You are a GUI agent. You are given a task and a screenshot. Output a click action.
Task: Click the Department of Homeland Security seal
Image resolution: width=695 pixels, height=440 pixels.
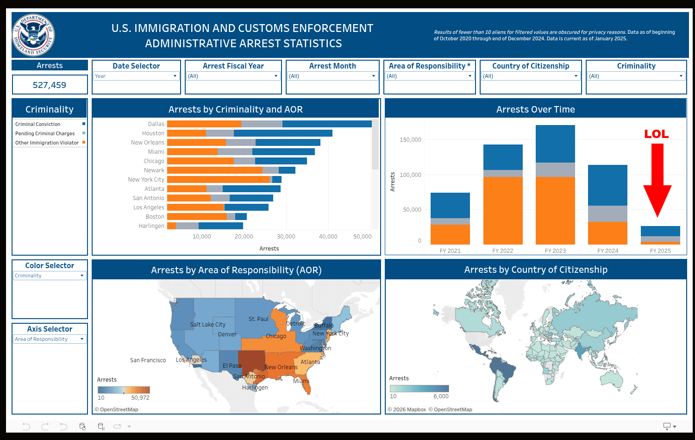(x=33, y=35)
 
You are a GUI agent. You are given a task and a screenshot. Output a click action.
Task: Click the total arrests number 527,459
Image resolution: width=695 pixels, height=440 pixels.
(x=50, y=85)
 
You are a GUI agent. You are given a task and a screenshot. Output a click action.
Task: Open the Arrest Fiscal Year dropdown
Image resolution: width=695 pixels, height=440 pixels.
(x=233, y=76)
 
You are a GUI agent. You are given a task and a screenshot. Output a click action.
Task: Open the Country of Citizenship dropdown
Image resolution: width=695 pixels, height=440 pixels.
(x=530, y=76)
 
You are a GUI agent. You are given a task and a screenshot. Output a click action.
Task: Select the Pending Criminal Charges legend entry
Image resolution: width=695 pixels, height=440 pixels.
(x=45, y=133)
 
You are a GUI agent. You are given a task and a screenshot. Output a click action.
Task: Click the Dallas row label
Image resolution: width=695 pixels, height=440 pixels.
(x=156, y=124)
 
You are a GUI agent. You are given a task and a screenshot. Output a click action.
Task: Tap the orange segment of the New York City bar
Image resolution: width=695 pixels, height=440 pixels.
(x=218, y=180)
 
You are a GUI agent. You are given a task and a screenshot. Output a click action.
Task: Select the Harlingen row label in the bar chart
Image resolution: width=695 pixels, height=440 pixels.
(x=151, y=226)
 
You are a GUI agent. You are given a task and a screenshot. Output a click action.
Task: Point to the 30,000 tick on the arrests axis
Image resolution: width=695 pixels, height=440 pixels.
(x=286, y=237)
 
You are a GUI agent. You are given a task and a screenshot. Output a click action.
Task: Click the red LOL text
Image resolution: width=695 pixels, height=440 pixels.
(x=656, y=134)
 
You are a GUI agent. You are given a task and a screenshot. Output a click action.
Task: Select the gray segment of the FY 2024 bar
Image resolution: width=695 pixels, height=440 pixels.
(x=607, y=214)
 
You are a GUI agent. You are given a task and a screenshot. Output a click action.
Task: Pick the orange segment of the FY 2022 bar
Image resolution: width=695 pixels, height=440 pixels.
(x=503, y=210)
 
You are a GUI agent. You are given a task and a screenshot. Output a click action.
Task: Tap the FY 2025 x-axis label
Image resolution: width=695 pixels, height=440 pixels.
(x=660, y=251)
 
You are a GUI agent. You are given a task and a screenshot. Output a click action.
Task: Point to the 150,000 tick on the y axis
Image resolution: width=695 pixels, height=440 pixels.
(x=410, y=140)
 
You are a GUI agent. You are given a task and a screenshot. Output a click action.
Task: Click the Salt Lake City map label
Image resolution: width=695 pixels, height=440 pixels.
(x=208, y=325)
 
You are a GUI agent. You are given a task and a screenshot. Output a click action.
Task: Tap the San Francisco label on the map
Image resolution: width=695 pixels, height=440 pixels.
(x=148, y=360)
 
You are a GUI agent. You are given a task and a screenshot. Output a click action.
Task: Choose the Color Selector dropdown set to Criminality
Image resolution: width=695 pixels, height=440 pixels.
(x=50, y=276)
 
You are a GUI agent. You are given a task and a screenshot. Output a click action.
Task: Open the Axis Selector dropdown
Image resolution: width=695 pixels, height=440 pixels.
(x=50, y=339)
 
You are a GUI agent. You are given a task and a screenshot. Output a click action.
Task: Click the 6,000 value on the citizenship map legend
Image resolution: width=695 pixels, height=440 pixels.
(x=441, y=396)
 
